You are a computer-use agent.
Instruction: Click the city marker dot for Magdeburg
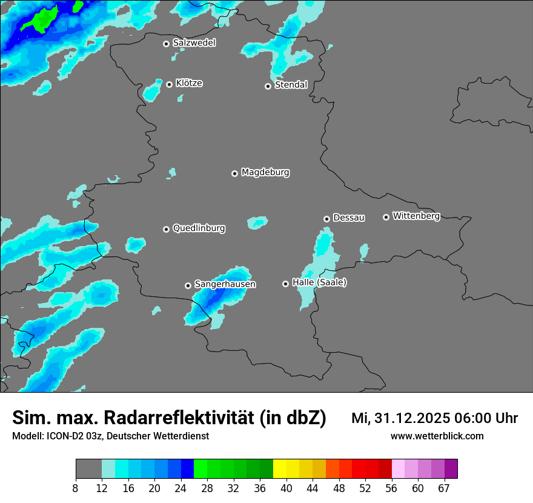pos(234,173)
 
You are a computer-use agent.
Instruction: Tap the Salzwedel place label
pos(194,43)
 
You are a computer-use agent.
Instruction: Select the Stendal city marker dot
pos(268,86)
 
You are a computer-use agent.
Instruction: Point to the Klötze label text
pos(189,84)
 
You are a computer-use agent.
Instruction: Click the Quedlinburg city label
pos(199,228)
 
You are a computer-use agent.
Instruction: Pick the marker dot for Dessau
pos(326,219)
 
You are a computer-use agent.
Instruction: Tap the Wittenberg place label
pos(415,216)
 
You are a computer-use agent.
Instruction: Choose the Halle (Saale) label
pos(319,282)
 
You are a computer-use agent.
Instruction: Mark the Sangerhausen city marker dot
pos(188,285)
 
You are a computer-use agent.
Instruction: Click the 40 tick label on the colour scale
pos(286,488)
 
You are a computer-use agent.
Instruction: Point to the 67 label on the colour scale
pos(443,488)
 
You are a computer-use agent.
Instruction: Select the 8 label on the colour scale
pos(76,488)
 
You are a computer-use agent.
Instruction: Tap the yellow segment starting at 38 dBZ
pos(280,469)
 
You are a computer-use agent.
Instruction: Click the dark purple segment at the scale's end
pos(451,469)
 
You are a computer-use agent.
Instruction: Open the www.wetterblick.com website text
pos(437,436)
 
